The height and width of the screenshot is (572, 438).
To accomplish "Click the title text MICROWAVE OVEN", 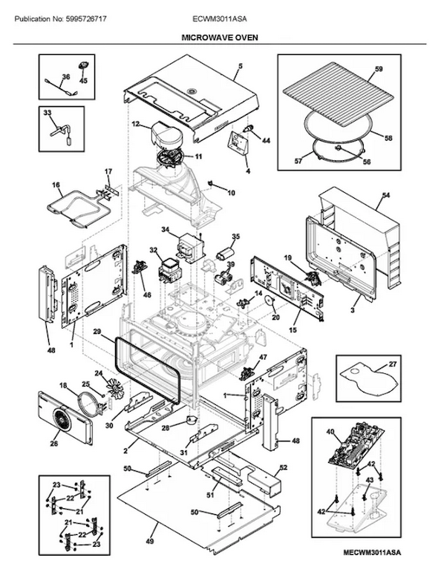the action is coord(219,38).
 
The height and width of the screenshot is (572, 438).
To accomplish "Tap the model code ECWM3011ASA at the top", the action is coord(219,19).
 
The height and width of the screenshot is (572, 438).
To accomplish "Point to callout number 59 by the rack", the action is coord(379,69).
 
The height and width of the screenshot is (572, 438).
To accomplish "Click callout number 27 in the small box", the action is coord(393,364).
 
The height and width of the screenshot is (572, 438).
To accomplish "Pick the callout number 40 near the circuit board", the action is coord(330,432).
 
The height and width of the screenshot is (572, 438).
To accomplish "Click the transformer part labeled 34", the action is coord(190,247).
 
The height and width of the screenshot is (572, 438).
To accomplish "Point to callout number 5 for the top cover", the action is coord(241,66).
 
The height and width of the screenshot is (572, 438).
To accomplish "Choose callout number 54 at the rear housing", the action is coord(385,196).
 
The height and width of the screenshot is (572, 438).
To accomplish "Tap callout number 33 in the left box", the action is coord(47,113).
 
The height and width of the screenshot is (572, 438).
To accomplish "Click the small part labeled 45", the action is coord(82,66).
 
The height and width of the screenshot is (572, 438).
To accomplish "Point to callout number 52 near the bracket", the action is coord(284,467).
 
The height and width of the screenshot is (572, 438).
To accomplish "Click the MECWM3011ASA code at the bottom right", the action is coord(372,563).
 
